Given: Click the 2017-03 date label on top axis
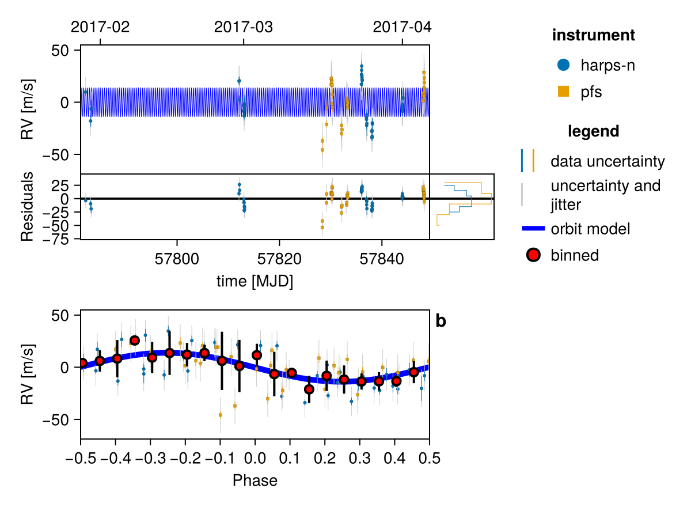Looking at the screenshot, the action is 244,27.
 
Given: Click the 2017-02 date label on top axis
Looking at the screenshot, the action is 100,27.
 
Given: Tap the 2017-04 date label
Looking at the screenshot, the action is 402,27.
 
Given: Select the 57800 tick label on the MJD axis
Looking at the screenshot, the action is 177,259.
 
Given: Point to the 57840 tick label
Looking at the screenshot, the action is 382,259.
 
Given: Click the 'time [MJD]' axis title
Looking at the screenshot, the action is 255,281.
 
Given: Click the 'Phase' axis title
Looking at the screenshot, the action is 255,480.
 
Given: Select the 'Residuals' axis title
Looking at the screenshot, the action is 27,206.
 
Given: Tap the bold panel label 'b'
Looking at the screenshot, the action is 441,321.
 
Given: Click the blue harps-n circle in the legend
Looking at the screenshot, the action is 563,65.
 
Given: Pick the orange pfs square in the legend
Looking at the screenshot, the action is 563,92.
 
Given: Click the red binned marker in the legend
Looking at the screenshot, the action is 533,255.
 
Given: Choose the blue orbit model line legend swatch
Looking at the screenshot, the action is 533,228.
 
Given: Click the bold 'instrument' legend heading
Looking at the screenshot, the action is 594,35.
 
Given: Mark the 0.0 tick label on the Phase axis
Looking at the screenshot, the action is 255,458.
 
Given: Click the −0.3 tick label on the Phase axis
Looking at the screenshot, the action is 150,458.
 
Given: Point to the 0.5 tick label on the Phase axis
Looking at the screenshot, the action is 430,458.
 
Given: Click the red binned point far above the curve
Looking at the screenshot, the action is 135,340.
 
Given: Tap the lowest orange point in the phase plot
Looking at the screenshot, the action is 220,415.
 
